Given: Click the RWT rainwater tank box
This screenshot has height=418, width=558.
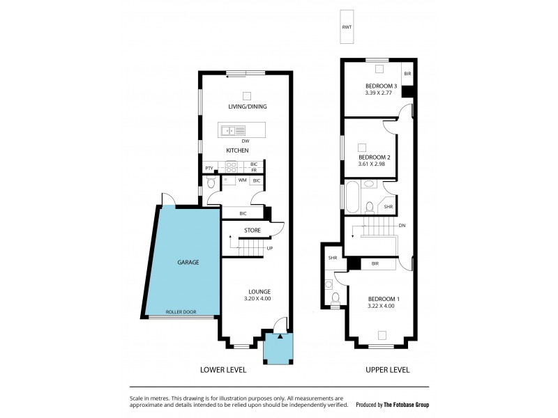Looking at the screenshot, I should tap(347, 27).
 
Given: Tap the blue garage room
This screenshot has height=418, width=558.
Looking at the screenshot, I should tap(183, 263).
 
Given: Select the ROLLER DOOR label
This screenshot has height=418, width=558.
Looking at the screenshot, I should tap(181, 312).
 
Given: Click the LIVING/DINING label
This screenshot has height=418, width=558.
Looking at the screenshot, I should tap(247, 107).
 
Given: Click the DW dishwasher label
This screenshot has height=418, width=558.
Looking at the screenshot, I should tap(246, 141).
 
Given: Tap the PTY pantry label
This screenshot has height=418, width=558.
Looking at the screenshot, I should tap(209, 169).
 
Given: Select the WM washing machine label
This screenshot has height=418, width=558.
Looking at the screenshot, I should tap(242, 181).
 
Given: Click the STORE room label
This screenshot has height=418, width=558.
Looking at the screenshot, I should tap(252, 230).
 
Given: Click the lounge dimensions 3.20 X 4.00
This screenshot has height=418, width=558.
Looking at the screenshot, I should tap(250, 299).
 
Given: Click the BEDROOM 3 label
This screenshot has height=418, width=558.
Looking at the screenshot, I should tap(381, 85).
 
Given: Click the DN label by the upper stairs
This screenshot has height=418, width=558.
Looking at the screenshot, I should tap(402, 226).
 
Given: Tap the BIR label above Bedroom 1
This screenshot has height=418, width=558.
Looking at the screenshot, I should tap(375, 264).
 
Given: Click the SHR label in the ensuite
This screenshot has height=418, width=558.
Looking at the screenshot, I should tap(332, 258).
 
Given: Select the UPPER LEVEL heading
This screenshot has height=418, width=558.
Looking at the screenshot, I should tap(387, 370).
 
